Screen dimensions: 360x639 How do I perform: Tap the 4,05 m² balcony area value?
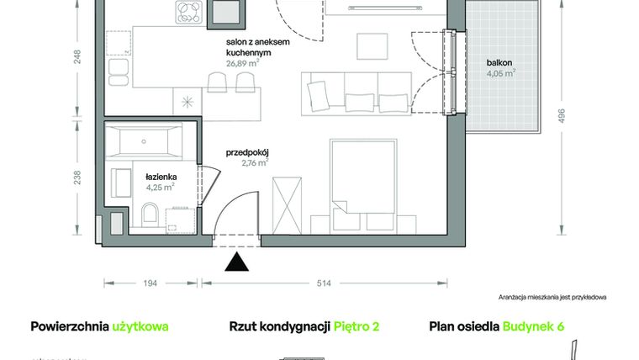pos(500,73)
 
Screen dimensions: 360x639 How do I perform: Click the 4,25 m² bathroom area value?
pos(160,188)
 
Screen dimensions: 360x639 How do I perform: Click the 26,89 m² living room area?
pos(246,61)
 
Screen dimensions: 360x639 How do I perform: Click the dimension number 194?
pos(150,283)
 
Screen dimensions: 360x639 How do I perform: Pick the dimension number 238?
pos(77,177)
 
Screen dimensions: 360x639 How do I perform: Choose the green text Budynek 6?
pos(533,326)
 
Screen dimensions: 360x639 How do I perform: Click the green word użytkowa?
pos(140,326)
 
